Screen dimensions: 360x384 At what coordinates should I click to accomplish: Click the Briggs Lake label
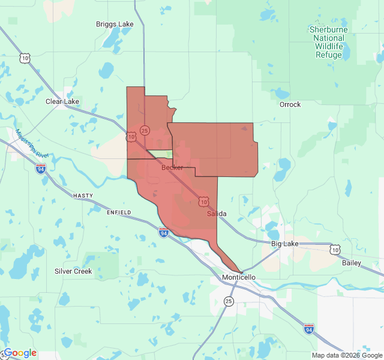115,24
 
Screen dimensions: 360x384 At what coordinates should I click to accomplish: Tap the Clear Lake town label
62,101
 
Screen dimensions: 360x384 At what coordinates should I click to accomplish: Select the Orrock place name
290,104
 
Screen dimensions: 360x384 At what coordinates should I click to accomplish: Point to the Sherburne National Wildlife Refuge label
328,42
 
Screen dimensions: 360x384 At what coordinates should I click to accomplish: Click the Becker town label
172,167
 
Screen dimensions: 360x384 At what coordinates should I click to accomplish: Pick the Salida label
217,214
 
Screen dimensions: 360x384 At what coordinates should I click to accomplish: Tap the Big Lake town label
284,244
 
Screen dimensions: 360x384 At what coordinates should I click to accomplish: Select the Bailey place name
352,263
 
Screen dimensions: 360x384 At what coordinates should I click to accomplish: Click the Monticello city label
239,277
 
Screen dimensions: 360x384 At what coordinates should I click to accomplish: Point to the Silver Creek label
73,271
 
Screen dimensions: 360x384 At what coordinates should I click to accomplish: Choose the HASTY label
83,196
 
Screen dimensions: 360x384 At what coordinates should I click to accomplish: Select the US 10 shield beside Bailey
335,248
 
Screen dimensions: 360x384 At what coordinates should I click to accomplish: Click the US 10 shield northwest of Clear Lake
24,58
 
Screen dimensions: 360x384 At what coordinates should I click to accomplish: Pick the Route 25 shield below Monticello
229,301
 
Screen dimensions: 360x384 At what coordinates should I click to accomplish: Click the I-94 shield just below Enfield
164,232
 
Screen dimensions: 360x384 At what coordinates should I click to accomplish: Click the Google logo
20,353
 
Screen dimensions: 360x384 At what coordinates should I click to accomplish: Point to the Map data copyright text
346,355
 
